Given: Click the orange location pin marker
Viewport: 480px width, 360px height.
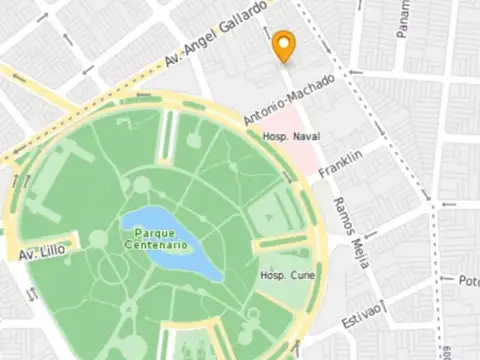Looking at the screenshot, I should pyautogui.click(x=284, y=45).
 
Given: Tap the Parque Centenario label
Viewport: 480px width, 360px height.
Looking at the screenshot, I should pyautogui.click(x=155, y=238).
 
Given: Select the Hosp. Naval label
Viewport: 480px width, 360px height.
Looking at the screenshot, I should pyautogui.click(x=289, y=136).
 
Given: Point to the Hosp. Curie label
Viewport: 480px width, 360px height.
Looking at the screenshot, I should pyautogui.click(x=286, y=275).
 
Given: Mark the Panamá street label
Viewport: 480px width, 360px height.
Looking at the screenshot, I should pyautogui.click(x=403, y=17).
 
